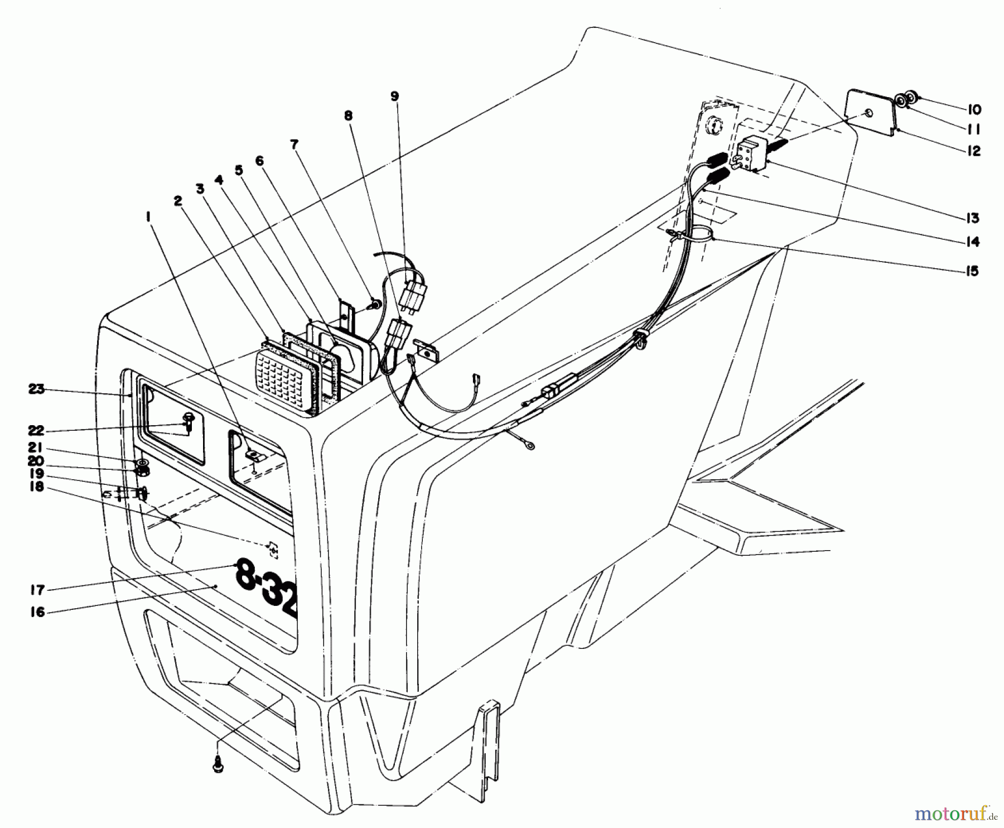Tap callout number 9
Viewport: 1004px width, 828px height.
(394, 97)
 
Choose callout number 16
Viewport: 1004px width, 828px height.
(38, 612)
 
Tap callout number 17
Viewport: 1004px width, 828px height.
(38, 590)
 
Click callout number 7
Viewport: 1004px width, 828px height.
(294, 146)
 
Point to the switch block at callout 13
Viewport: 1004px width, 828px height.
(751, 156)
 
